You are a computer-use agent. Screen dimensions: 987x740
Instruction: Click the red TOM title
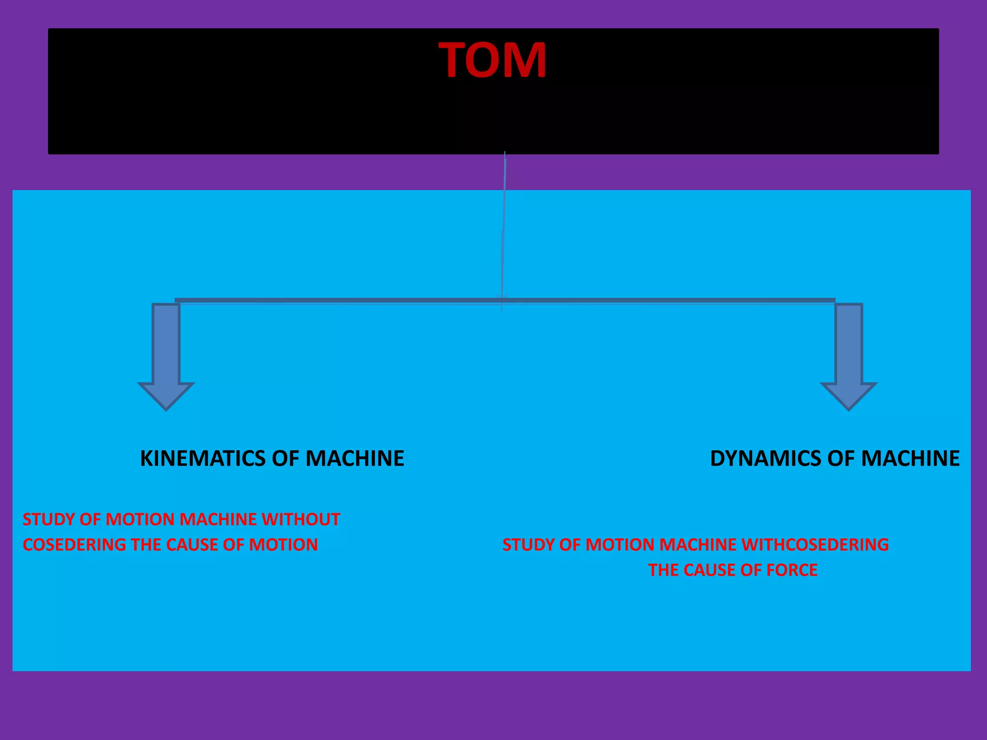(493, 60)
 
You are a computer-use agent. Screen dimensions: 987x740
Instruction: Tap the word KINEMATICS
(203, 458)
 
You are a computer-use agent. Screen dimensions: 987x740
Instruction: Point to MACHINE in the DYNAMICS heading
(910, 458)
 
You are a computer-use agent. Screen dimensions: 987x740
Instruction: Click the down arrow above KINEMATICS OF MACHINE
(166, 357)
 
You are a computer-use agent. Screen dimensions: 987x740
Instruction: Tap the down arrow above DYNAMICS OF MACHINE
(849, 357)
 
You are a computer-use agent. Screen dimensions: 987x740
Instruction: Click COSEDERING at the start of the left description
(75, 544)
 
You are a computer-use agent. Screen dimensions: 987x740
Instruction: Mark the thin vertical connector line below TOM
(503, 231)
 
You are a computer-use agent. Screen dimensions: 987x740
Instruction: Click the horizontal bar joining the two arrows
(505, 301)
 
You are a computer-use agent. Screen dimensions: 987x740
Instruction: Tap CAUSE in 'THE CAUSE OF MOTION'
(192, 544)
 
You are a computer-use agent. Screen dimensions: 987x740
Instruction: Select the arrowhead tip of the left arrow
(166, 410)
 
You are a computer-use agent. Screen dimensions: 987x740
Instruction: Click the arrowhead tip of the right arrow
(849, 410)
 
